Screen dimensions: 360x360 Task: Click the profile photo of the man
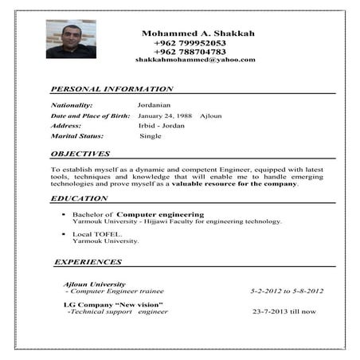pyautogui.click(x=70, y=39)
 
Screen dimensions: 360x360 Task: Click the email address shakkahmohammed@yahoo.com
pyautogui.click(x=195, y=60)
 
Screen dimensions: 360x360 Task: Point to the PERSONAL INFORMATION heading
pyautogui.click(x=112, y=89)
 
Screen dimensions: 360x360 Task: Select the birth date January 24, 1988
pyautogui.click(x=166, y=115)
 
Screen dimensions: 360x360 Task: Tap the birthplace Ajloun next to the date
pyautogui.click(x=211, y=115)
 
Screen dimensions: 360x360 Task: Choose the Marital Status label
pyautogui.click(x=78, y=136)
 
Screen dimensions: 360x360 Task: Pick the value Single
pyautogui.click(x=151, y=136)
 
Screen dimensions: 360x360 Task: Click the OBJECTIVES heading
pyautogui.click(x=80, y=154)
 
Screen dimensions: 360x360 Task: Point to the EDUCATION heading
pyautogui.click(x=79, y=198)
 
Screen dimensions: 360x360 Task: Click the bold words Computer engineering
pyautogui.click(x=160, y=214)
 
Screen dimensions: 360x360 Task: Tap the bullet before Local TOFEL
pyautogui.click(x=62, y=233)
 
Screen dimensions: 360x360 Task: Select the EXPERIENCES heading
pyautogui.click(x=87, y=261)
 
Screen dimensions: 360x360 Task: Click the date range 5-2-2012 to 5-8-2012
pyautogui.click(x=287, y=292)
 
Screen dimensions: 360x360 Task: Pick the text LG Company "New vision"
pyautogui.click(x=113, y=304)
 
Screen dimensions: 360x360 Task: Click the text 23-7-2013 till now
pyautogui.click(x=284, y=311)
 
